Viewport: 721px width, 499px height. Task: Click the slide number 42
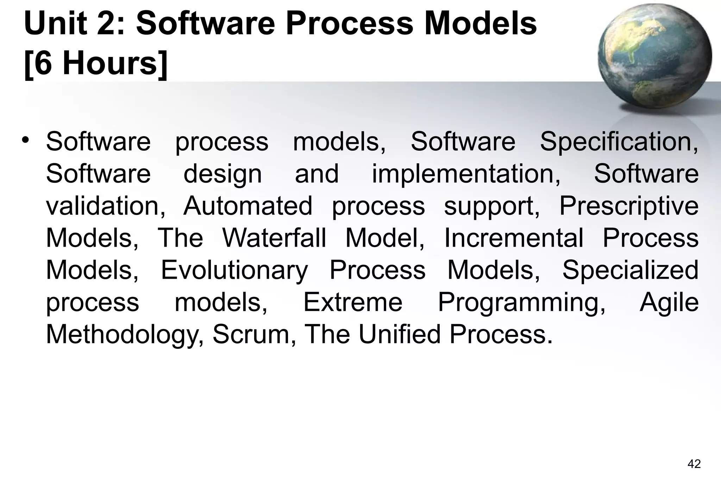[694, 464]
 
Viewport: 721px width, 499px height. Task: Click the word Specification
[619, 142]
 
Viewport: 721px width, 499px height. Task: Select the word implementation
[466, 174]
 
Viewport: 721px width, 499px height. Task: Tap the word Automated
[248, 206]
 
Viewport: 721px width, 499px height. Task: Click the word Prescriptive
[629, 206]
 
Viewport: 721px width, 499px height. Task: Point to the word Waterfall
[274, 238]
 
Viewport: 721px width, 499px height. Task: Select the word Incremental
[514, 238]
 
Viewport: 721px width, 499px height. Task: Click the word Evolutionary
[234, 270]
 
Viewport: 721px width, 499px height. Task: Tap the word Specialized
[630, 270]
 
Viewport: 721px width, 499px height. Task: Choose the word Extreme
[353, 302]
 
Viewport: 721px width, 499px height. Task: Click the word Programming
[521, 303]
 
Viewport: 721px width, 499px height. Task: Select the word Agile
[669, 303]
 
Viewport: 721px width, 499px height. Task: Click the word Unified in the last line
[400, 334]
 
